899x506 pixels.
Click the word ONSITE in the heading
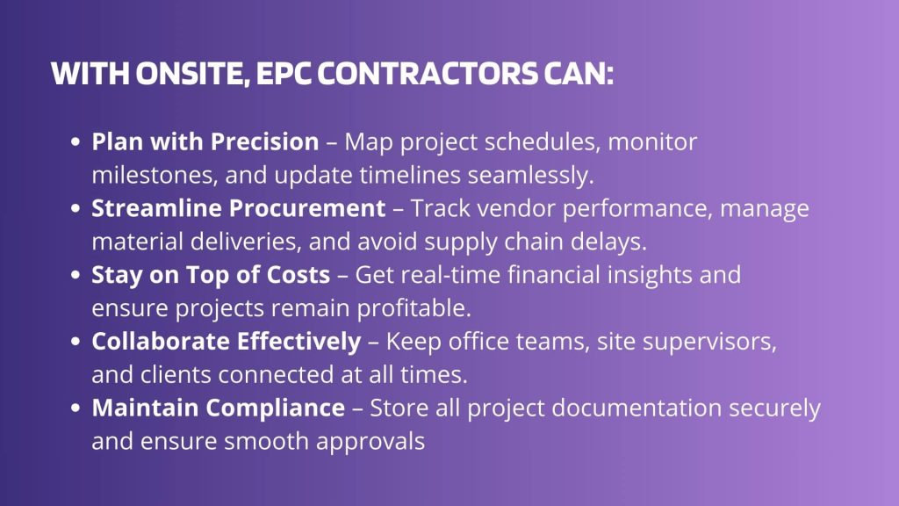[x=192, y=74]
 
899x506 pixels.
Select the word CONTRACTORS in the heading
[x=428, y=74]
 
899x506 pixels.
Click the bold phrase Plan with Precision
[x=205, y=141]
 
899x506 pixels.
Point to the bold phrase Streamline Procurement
[x=239, y=208]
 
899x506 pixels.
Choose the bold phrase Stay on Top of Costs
[x=211, y=275]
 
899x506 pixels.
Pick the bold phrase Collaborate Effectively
[x=227, y=342]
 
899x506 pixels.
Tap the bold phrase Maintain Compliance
[x=219, y=408]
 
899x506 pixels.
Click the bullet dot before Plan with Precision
[x=76, y=141]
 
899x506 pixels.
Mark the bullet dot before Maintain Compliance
[x=76, y=408]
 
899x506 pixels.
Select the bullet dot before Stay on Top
[x=76, y=275]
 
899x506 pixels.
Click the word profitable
[x=414, y=308]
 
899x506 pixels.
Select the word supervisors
[x=709, y=342]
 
